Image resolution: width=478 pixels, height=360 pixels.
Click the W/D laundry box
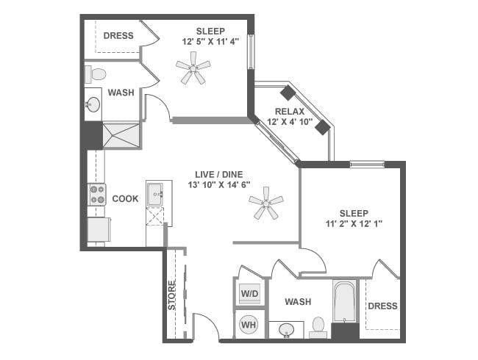(250, 294)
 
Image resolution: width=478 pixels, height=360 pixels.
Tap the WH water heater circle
(249, 324)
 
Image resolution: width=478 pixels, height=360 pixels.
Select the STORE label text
(172, 295)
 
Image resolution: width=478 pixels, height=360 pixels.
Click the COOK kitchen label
(125, 199)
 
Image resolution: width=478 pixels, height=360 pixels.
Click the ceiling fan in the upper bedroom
(193, 71)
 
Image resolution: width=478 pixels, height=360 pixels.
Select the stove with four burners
(97, 195)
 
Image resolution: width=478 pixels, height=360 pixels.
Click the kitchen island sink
(155, 195)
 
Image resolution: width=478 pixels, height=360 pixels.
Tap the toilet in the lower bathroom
(318, 326)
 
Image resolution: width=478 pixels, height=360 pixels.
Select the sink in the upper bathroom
(93, 104)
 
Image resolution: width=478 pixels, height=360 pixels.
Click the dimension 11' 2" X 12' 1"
(353, 224)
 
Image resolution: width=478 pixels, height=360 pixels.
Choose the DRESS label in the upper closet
(118, 35)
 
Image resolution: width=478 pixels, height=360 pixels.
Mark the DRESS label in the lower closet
(382, 306)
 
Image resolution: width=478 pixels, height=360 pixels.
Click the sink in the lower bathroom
(288, 330)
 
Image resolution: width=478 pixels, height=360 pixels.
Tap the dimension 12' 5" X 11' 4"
(211, 42)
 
